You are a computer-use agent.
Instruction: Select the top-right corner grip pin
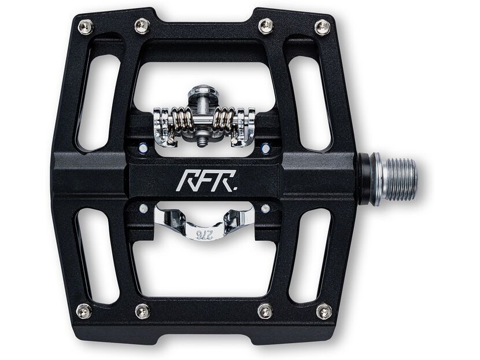coord(322,27)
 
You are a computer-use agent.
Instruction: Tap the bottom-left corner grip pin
coord(84,311)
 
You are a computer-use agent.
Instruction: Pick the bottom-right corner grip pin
coord(324,311)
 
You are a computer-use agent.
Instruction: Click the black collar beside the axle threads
coord(364,179)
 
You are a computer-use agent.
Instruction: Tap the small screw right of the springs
coord(265,148)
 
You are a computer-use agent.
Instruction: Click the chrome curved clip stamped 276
coord(202,223)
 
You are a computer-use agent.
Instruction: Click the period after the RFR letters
coord(232,188)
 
